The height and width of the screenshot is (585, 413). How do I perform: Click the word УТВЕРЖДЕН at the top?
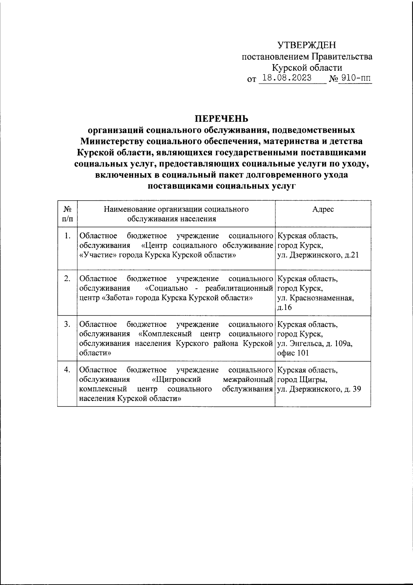pyautogui.click(x=307, y=45)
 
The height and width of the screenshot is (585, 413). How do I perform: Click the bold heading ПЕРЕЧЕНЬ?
pyautogui.click(x=222, y=119)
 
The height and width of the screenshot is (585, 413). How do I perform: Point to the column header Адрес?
pyautogui.click(x=323, y=209)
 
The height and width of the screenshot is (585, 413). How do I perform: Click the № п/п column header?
pyautogui.click(x=67, y=214)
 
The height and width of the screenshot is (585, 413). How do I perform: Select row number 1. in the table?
pyautogui.click(x=67, y=236)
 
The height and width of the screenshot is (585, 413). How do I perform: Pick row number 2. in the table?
pyautogui.click(x=67, y=279)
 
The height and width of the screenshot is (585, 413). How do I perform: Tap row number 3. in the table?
pyautogui.click(x=67, y=324)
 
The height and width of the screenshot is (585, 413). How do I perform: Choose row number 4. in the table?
pyautogui.click(x=67, y=370)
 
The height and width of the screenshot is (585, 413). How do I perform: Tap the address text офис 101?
pyautogui.click(x=293, y=353)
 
